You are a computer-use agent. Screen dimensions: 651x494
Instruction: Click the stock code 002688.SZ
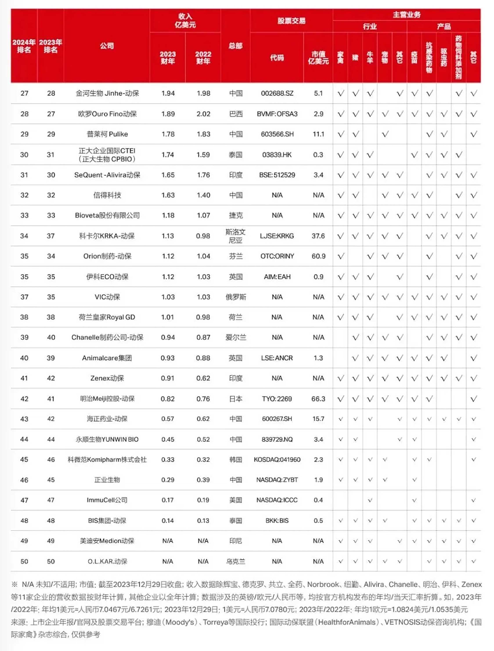tap(277, 93)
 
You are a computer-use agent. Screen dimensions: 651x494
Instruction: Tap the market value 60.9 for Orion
tap(318, 256)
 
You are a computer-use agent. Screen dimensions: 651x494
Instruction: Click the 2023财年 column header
tap(168, 57)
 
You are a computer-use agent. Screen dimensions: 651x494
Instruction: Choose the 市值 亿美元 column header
tap(318, 57)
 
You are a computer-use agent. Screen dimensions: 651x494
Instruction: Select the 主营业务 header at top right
tap(407, 15)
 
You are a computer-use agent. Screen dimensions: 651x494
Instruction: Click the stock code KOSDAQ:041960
tap(277, 459)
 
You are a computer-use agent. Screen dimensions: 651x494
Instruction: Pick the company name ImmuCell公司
tap(107, 500)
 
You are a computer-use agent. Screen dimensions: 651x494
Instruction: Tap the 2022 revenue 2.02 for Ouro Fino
tap(203, 114)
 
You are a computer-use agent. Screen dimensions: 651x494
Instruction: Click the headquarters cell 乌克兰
tap(235, 561)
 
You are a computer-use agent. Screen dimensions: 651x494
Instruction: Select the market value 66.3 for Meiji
tap(318, 399)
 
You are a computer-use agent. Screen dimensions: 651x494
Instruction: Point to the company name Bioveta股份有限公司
tap(107, 215)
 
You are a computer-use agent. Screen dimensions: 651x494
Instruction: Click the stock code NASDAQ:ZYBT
tap(277, 480)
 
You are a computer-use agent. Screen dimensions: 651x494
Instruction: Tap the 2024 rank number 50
tap(24, 561)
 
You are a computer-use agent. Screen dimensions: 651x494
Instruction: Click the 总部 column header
tap(235, 46)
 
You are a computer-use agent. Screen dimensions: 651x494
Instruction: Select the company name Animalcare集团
tap(107, 358)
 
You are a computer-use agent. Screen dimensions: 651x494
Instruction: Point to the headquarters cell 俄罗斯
tap(236, 297)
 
